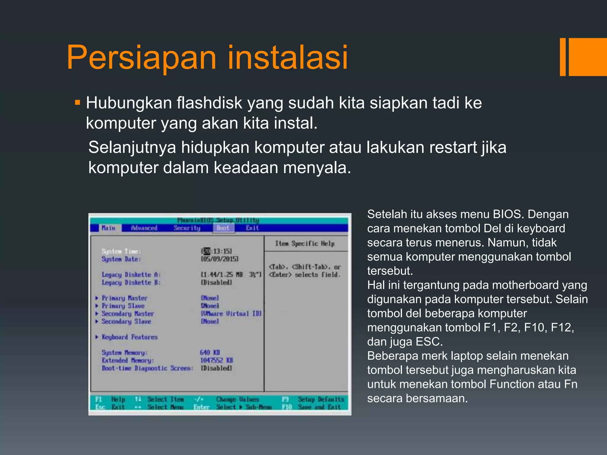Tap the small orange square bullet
tap(78, 103)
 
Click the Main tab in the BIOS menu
tap(108, 228)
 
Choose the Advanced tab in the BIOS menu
tap(144, 228)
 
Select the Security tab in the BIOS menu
tap(187, 228)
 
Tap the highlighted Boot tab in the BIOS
tap(223, 228)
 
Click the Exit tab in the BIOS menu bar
tap(252, 228)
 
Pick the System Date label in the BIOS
tap(121, 259)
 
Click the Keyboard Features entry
tap(130, 337)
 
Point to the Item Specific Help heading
tap(305, 243)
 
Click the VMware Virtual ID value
tap(231, 313)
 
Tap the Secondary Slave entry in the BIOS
tap(126, 321)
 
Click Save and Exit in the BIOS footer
tap(319, 407)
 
